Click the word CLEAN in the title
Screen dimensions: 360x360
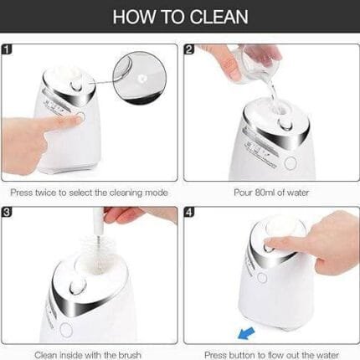pyautogui.click(x=220, y=17)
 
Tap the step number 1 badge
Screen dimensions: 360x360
pyautogui.click(x=7, y=49)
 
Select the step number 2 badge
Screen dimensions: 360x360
pyautogui.click(x=189, y=49)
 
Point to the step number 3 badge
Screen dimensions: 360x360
pyautogui.click(x=7, y=212)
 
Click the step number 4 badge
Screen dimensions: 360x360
pyautogui.click(x=189, y=212)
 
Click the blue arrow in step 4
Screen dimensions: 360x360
pyautogui.click(x=246, y=333)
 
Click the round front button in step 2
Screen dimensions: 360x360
pyautogui.click(x=291, y=162)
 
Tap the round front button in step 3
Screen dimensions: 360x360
pyautogui.click(x=66, y=330)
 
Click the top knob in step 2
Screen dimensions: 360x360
pyautogui.click(x=285, y=123)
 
